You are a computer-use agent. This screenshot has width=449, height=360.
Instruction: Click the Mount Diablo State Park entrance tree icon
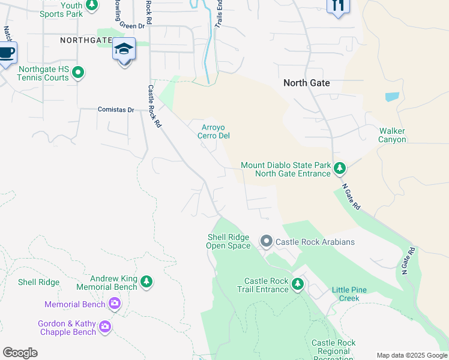[x=340, y=169]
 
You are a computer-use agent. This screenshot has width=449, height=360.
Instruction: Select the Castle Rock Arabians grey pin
[x=267, y=241]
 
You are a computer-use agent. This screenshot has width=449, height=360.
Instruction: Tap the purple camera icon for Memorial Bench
[x=115, y=304]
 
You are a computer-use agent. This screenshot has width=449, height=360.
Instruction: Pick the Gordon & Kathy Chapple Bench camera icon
[x=106, y=327]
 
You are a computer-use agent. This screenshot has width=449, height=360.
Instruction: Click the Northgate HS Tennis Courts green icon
[x=77, y=73]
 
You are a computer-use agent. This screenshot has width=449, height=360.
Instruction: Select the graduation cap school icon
[x=124, y=50]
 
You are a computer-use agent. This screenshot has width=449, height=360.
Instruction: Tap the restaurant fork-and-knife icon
[x=338, y=5]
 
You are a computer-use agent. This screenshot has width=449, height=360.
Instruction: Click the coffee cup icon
[x=6, y=53]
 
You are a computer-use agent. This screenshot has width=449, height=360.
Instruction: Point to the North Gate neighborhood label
[x=307, y=83]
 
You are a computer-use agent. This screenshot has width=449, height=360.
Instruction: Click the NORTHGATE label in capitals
[x=86, y=40]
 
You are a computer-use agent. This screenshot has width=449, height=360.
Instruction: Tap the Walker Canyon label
[x=392, y=135]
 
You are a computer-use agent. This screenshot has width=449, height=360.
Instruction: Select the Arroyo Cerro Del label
[x=215, y=131]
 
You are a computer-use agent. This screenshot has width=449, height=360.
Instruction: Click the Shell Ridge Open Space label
[x=228, y=241]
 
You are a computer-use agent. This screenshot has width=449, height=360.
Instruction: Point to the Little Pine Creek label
[x=354, y=294]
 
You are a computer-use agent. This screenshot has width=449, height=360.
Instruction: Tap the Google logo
[x=20, y=353]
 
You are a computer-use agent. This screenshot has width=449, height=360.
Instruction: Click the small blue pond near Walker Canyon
[x=392, y=97]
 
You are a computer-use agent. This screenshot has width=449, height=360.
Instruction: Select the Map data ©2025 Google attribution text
[x=412, y=355]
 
